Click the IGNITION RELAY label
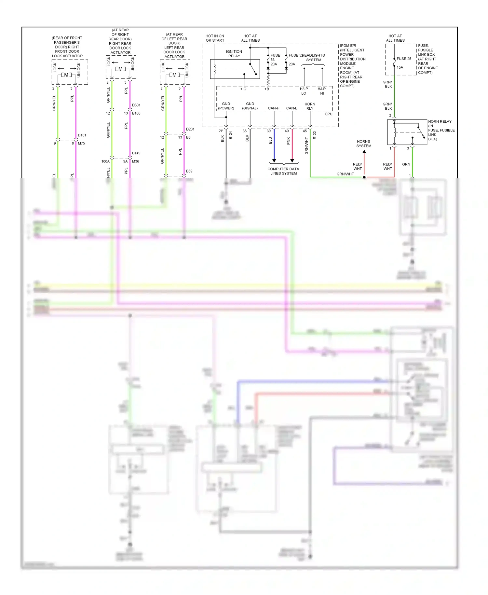click(234, 54)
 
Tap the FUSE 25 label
click(404, 59)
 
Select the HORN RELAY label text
click(440, 121)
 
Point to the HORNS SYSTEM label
click(363, 144)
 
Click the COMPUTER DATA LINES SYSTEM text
click(283, 171)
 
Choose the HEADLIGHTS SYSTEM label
click(314, 58)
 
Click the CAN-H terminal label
click(274, 108)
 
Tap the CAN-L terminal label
click(291, 108)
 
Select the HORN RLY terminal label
click(310, 106)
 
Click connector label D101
click(82, 135)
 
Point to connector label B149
click(136, 153)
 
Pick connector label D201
click(190, 129)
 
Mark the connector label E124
click(230, 135)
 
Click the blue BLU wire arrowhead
click(274, 160)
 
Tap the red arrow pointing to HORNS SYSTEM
click(364, 152)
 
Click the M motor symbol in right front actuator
click(66, 75)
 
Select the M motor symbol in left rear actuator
click(174, 75)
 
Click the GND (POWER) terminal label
click(226, 106)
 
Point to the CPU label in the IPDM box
click(328, 114)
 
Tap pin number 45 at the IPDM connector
click(305, 131)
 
